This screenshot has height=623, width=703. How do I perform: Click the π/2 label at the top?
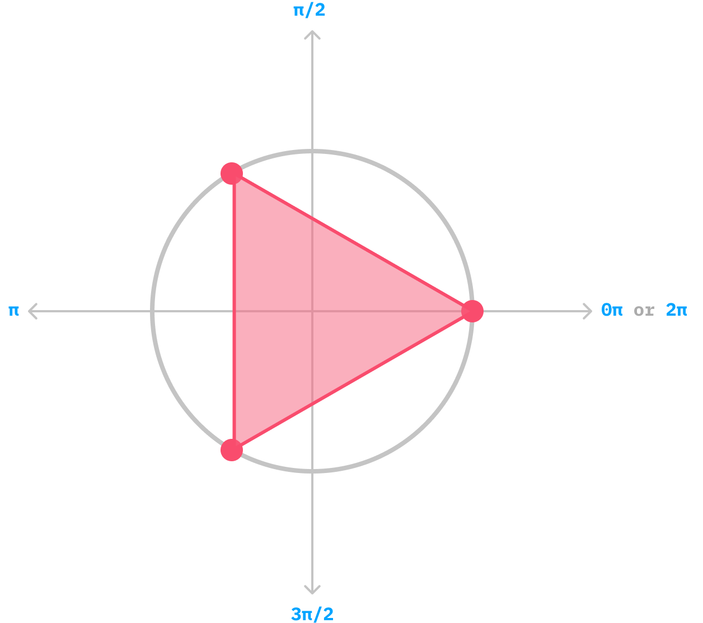(309, 11)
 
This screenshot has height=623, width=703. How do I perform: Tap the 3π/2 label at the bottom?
(312, 614)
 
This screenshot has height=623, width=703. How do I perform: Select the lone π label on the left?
(13, 311)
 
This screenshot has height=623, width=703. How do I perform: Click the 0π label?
(611, 310)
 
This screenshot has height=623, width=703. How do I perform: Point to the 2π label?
(676, 310)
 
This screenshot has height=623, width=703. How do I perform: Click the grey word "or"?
(644, 311)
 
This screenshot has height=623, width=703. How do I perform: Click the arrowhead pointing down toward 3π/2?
(312, 590)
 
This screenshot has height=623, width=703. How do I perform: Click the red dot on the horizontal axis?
(472, 311)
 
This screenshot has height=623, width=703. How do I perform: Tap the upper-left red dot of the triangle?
(232, 173)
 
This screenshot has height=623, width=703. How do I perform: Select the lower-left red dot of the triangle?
(232, 450)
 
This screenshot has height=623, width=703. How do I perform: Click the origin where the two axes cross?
(312, 311)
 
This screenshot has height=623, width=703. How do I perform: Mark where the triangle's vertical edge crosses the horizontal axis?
(233, 311)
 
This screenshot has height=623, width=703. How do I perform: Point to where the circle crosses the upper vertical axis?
(312, 151)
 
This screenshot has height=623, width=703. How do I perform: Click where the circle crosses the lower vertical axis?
(312, 471)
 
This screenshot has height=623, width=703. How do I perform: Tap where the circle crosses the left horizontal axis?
(152, 311)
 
